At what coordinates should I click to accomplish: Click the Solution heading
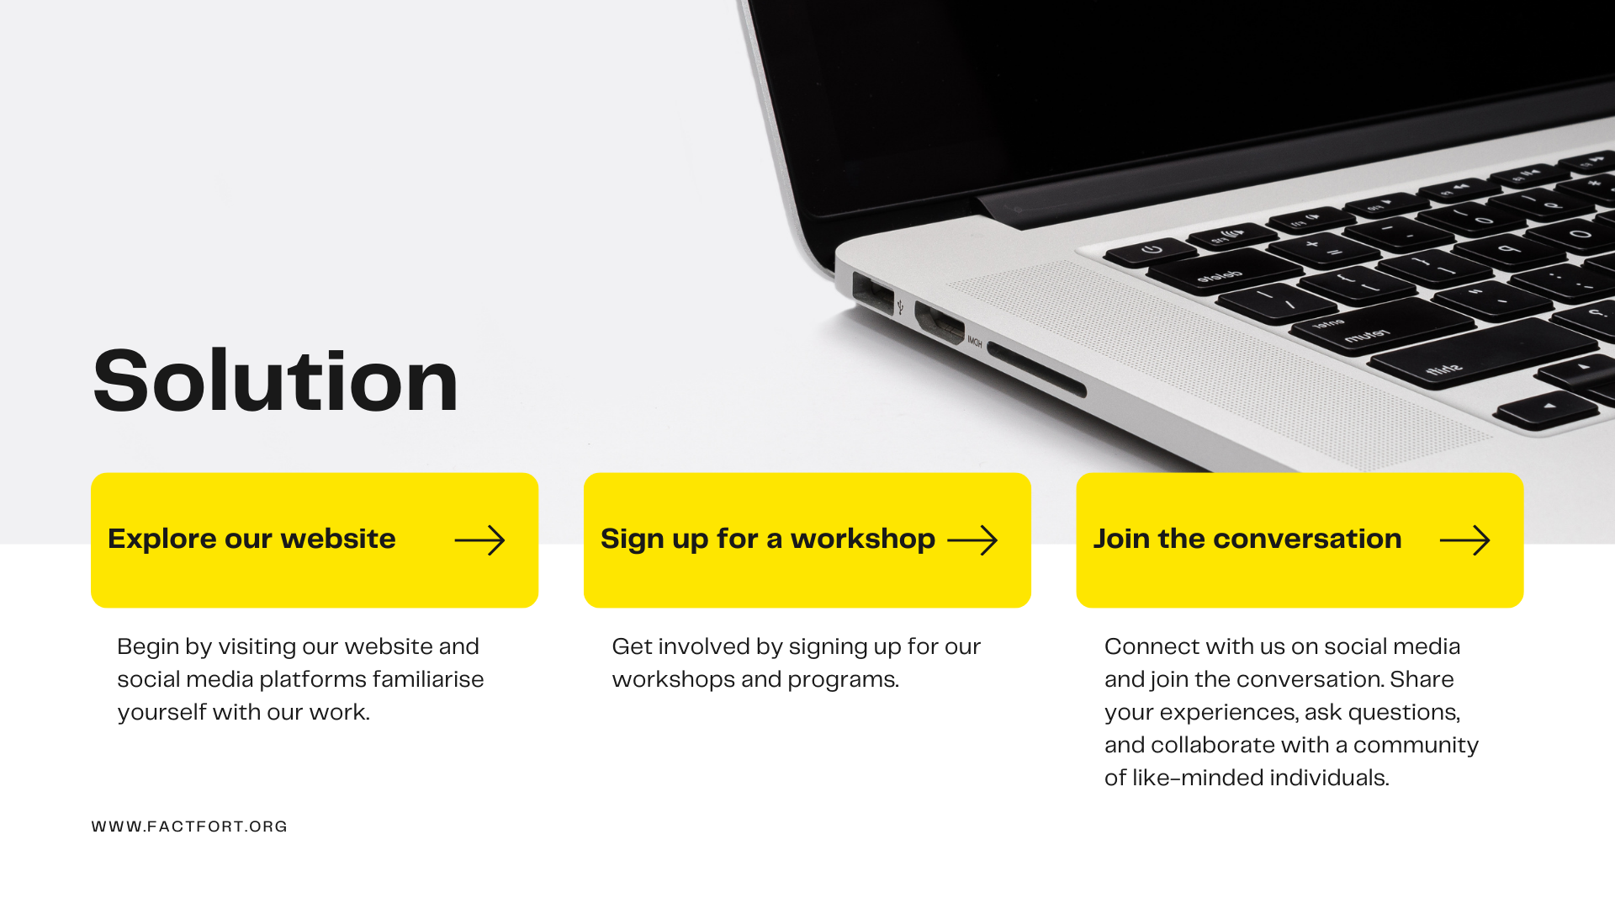pyautogui.click(x=275, y=382)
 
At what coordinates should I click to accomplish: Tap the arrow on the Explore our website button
pyautogui.click(x=479, y=540)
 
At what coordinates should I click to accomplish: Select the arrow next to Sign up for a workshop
pyautogui.click(x=972, y=540)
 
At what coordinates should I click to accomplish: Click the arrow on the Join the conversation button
pyautogui.click(x=1464, y=540)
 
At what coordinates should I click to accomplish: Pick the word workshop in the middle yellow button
pyautogui.click(x=862, y=540)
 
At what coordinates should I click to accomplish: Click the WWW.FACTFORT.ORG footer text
pyautogui.click(x=189, y=827)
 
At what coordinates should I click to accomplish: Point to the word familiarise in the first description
pyautogui.click(x=428, y=678)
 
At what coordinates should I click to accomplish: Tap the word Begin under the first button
pyautogui.click(x=148, y=647)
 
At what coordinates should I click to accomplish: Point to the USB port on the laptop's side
pyautogui.click(x=872, y=293)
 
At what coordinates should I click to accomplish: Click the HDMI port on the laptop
pyautogui.click(x=939, y=322)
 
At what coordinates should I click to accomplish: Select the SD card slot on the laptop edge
pyautogui.click(x=1036, y=369)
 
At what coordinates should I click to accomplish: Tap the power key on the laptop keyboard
pyautogui.click(x=1151, y=250)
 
